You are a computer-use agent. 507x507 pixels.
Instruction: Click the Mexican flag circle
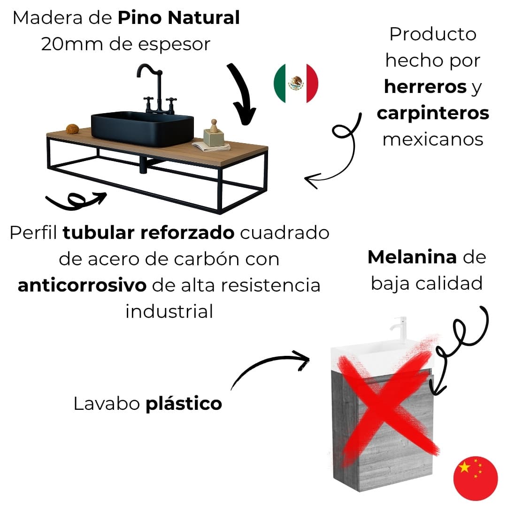pyautogui.click(x=296, y=84)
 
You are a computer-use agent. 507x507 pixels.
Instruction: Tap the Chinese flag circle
pyautogui.click(x=475, y=477)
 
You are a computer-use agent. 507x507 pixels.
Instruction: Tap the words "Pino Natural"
pyautogui.click(x=178, y=19)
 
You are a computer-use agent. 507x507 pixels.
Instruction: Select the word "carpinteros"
pyautogui.click(x=433, y=113)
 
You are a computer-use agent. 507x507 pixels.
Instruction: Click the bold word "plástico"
pyautogui.click(x=184, y=403)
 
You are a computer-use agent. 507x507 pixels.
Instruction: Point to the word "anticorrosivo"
pyautogui.click(x=82, y=285)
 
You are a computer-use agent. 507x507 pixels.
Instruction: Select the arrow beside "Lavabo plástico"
pyautogui.click(x=270, y=369)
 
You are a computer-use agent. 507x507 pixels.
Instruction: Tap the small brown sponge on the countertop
pyautogui.click(x=72, y=129)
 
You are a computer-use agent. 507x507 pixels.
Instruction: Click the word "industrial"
pyautogui.click(x=169, y=311)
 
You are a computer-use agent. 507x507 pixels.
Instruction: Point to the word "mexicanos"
pyautogui.click(x=433, y=139)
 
